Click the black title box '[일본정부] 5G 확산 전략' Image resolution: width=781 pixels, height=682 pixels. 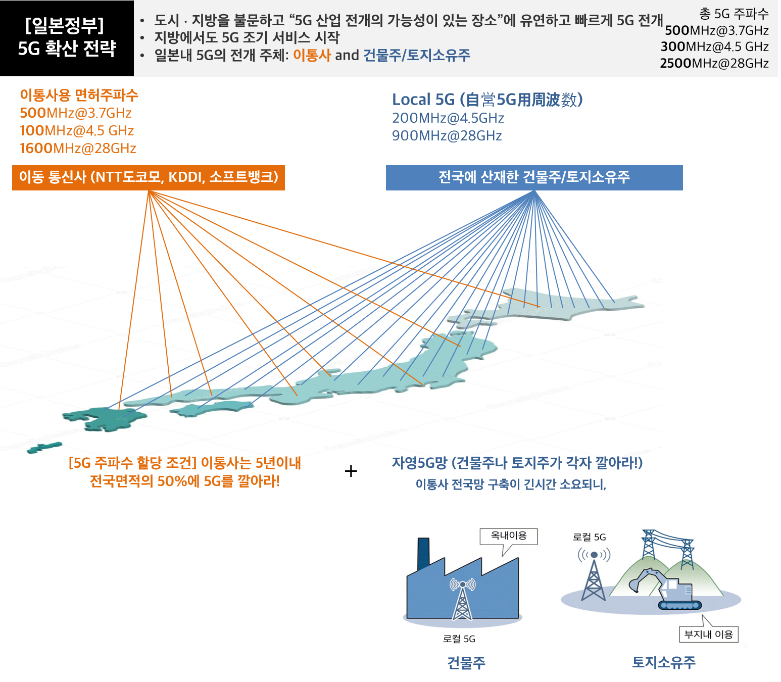[x=67, y=38]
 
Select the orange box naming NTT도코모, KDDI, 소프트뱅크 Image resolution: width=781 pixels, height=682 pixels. [x=149, y=177]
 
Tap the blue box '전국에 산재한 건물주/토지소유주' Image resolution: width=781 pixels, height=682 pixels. [x=534, y=177]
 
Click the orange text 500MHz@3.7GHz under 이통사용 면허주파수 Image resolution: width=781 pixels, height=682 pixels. [x=76, y=113]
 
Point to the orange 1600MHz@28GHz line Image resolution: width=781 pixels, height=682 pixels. [x=78, y=148]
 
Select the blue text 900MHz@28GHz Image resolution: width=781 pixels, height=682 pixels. [x=447, y=135]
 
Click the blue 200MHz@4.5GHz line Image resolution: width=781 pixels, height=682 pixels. [x=448, y=118]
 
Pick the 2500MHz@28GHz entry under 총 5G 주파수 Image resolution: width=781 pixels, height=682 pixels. [x=714, y=63]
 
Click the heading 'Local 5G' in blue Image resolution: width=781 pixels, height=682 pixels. [x=423, y=100]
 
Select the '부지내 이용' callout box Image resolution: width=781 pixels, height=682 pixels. [x=708, y=635]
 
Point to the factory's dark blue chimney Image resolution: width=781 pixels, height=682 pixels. [x=423, y=553]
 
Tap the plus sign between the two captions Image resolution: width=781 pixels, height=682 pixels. [x=351, y=471]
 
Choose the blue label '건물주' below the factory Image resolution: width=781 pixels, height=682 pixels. [x=466, y=663]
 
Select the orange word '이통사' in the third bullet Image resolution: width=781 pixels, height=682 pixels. [x=312, y=56]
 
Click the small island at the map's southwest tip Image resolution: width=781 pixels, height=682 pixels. [x=44, y=448]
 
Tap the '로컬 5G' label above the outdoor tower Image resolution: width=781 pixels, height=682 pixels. [x=590, y=538]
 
